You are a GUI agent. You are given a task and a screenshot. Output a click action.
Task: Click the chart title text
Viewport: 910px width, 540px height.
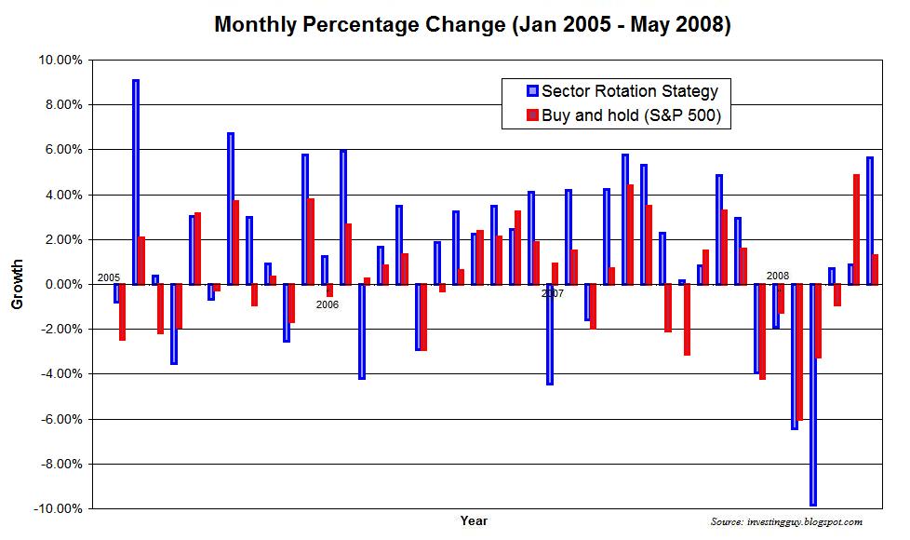tap(472, 24)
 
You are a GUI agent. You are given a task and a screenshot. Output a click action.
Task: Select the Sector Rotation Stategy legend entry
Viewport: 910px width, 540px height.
tap(622, 90)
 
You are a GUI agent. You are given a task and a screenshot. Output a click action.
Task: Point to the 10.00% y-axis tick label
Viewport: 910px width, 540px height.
tap(59, 60)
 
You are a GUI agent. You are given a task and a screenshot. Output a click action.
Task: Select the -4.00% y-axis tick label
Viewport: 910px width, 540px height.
tap(59, 374)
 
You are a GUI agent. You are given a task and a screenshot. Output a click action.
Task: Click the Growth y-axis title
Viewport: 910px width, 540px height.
tap(18, 285)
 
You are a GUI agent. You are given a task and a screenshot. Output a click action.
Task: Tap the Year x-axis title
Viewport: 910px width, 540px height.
tap(473, 520)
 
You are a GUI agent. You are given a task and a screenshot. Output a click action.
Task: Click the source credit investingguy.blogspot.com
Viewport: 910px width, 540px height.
tap(785, 522)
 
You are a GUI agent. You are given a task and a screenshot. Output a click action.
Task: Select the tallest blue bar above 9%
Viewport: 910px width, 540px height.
tap(136, 182)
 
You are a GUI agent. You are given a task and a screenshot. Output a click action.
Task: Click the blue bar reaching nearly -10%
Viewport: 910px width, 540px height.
tap(813, 395)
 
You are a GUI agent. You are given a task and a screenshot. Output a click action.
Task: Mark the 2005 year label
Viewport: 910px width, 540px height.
tap(109, 277)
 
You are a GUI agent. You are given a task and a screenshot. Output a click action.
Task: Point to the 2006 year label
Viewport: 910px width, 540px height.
tap(327, 304)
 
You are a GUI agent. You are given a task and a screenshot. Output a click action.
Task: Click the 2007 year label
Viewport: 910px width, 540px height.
tap(553, 293)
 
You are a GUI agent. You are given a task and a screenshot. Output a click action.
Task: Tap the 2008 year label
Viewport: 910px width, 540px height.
tap(778, 276)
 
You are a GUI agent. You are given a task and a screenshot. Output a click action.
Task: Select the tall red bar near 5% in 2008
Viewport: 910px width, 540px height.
tap(856, 229)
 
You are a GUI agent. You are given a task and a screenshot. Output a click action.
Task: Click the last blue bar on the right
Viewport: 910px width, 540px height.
tap(869, 221)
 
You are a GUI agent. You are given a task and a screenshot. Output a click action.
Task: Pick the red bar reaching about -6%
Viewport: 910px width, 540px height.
tap(799, 352)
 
